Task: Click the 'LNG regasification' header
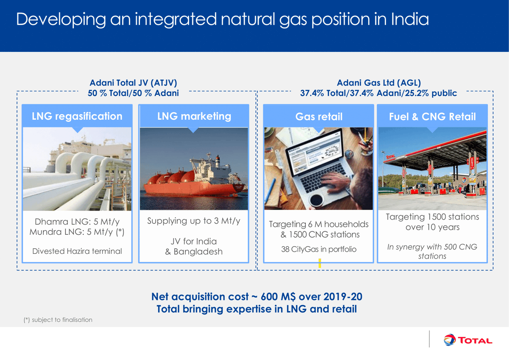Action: [77, 116]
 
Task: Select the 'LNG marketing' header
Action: [194, 116]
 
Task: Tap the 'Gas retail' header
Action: [319, 117]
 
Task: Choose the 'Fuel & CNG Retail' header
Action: [432, 117]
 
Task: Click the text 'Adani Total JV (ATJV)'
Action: [133, 84]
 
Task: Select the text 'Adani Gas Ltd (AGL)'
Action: [378, 84]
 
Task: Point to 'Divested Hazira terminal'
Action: [77, 251]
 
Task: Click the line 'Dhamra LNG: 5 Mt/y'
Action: [77, 222]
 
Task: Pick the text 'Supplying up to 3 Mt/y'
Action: [194, 221]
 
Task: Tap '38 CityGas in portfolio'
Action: [319, 249]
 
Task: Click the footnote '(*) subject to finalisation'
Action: [58, 320]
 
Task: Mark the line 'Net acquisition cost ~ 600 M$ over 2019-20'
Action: [257, 297]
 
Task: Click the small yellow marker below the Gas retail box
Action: [320, 263]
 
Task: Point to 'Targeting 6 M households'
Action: [319, 224]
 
